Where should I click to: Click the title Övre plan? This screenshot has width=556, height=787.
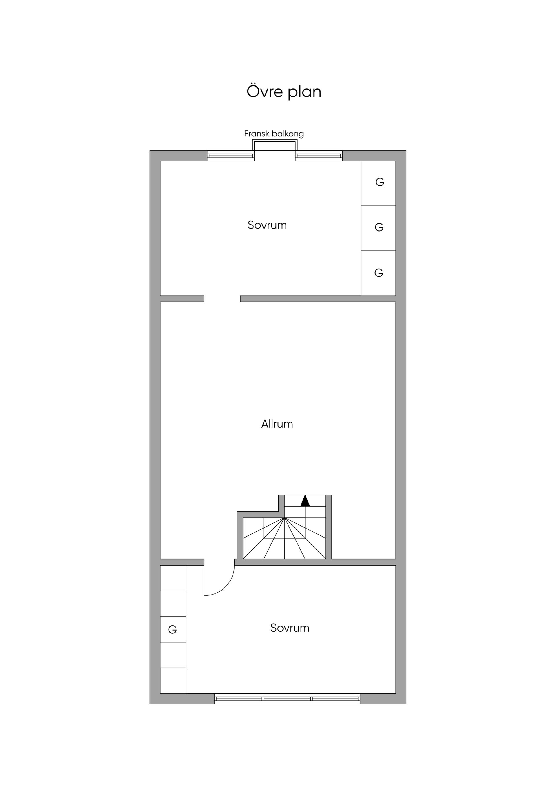pos(284,92)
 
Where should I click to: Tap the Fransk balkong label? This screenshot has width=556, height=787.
pos(274,134)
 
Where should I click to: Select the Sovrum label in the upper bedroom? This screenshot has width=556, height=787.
pos(267,225)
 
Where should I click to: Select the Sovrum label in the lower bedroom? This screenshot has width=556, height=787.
pos(290,628)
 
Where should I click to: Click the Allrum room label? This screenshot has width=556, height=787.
pos(277,424)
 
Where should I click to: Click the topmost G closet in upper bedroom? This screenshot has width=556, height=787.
pos(378,183)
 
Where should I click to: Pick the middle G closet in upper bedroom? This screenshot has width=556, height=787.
pos(378,228)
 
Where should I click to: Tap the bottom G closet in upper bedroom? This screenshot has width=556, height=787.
pos(378,273)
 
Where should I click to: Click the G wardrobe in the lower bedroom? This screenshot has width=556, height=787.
pos(173,630)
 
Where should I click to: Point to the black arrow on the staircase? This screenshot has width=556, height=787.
pos(305,501)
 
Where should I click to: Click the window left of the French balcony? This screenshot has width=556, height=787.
pos(231,156)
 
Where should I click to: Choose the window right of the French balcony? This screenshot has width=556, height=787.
pos(319,156)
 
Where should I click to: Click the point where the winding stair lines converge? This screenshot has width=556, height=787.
pos(284,518)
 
